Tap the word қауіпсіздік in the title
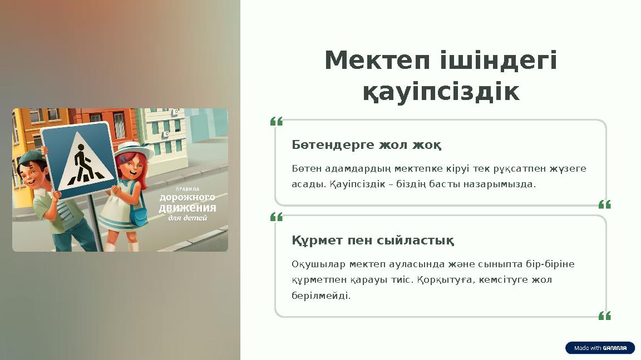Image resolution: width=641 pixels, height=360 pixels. tap(441, 92)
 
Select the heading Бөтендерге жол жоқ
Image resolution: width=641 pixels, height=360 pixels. tap(367, 146)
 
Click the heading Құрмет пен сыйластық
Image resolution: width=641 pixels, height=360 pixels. tap(372, 241)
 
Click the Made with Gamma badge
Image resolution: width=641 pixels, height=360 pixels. tap(600, 348)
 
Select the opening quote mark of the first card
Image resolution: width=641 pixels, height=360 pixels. tap(277, 121)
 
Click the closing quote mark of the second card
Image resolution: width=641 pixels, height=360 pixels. tap(604, 316)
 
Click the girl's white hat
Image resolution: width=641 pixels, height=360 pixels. tap(134, 149)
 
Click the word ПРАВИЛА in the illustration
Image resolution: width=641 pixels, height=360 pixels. tap(188, 189)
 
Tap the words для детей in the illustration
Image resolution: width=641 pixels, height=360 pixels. tap(188, 218)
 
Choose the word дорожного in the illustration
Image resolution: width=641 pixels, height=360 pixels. tap(188, 198)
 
